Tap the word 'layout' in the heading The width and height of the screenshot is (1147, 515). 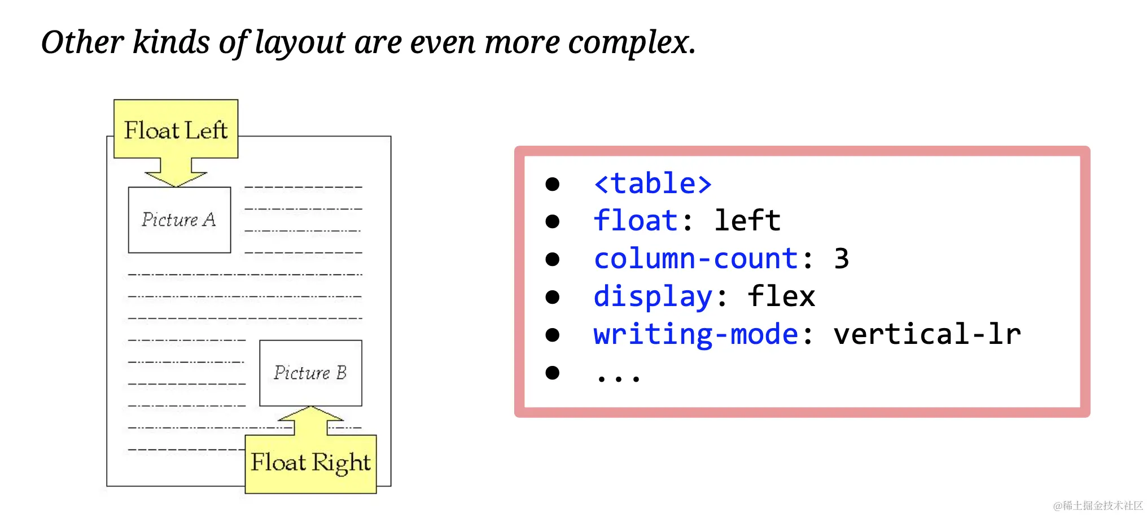point(299,43)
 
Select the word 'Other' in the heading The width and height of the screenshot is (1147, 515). point(82,42)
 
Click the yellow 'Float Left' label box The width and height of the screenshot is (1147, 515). point(176,129)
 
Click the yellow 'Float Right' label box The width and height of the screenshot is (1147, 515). point(310,464)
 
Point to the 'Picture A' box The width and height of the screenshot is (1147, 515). point(180,220)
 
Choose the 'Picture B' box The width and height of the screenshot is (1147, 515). point(310,373)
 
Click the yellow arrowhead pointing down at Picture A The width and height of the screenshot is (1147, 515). point(176,178)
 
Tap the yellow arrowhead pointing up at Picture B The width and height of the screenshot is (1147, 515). point(310,414)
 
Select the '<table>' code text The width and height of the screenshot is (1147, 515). point(653,184)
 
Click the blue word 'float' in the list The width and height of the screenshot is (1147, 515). point(636,220)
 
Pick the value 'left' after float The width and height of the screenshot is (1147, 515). point(747,220)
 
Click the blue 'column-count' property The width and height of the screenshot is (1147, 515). point(696,259)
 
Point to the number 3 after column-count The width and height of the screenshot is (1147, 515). point(841,259)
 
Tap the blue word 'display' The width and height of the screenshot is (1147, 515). point(653,297)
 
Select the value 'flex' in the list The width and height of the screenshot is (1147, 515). point(781,296)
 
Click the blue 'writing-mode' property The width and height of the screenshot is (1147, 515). point(696,334)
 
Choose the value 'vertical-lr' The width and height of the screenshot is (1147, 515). point(927,334)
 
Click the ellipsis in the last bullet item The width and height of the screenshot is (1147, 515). point(619,378)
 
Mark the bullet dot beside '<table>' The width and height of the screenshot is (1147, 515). point(553,184)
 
